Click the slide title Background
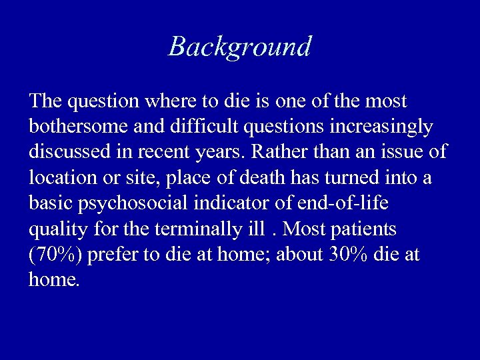(x=240, y=47)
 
